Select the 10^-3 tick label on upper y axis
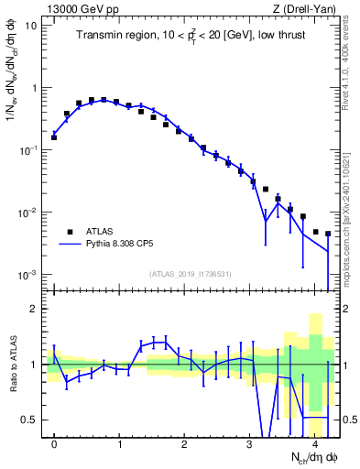coord(27,275)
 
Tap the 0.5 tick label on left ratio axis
coord(29,420)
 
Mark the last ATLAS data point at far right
coord(328,234)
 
